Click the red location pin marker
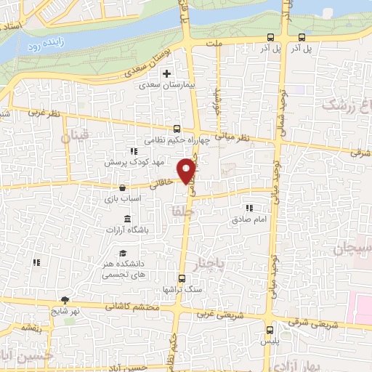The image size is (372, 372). click(x=188, y=170)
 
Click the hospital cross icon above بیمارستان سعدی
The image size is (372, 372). click(x=167, y=73)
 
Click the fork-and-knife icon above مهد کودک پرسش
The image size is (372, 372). click(x=133, y=151)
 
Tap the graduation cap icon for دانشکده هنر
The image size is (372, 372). click(x=133, y=252)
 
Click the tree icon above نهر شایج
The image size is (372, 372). click(x=65, y=299)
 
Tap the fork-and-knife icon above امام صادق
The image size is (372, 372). click(x=250, y=206)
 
